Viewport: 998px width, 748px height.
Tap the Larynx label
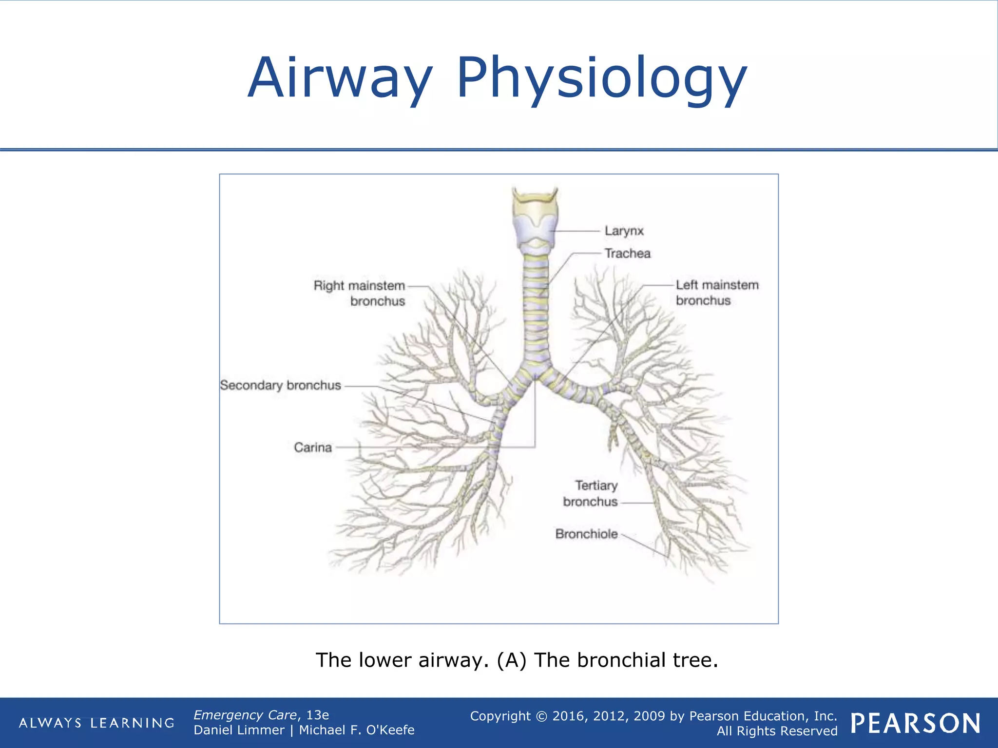pos(624,231)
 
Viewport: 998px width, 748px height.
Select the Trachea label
pos(627,253)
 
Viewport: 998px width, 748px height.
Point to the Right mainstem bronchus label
pos(359,293)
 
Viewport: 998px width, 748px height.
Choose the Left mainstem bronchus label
pos(717,293)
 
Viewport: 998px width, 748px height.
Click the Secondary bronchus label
pos(280,385)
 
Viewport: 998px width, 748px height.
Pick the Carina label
pos(312,448)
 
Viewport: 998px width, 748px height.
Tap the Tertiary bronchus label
pos(590,493)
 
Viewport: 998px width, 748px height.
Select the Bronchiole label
pos(586,534)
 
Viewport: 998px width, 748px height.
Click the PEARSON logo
pos(915,723)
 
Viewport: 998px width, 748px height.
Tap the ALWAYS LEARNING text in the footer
pos(96,723)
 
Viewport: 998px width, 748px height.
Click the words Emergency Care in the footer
pos(245,715)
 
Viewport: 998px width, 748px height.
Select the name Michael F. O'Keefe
pos(356,730)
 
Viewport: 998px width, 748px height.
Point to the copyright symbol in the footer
pos(541,716)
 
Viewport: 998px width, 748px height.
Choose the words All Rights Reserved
pos(777,731)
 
